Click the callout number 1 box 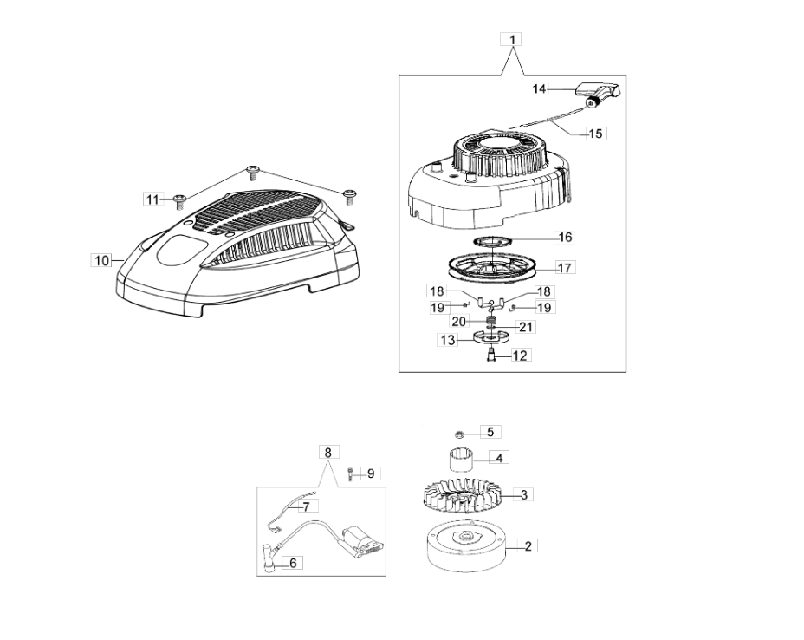pyautogui.click(x=512, y=40)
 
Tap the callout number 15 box pyautogui.click(x=595, y=134)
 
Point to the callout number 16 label pyautogui.click(x=564, y=237)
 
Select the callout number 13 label pyautogui.click(x=447, y=341)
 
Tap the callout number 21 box pyautogui.click(x=526, y=327)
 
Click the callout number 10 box pyautogui.click(x=101, y=259)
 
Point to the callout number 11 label pyautogui.click(x=153, y=199)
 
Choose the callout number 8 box pyautogui.click(x=327, y=453)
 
